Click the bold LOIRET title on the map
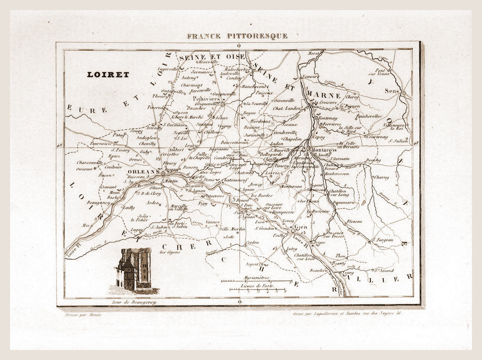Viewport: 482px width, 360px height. coord(108,74)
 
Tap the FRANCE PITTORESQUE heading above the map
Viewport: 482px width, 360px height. coord(237,36)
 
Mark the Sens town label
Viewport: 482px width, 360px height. coord(392,90)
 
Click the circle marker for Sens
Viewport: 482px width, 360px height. coord(403,94)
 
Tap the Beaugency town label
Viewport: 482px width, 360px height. coord(98,202)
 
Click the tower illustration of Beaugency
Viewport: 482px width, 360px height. coord(134,270)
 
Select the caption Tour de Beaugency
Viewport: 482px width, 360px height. coord(134,302)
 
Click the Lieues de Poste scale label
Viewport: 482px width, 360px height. coord(257,286)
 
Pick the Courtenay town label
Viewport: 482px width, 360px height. coord(377,137)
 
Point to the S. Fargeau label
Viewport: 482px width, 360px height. coord(383,240)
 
